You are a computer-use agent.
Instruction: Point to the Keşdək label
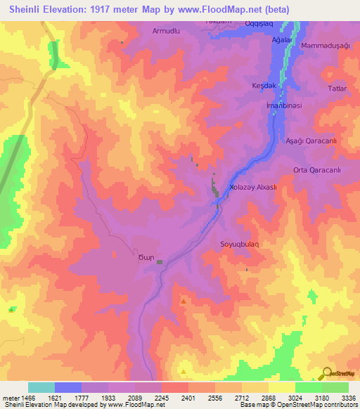(x=263, y=85)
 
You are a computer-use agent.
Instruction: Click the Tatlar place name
(x=337, y=89)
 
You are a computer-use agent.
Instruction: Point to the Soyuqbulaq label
(x=240, y=244)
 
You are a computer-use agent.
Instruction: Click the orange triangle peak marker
(x=184, y=301)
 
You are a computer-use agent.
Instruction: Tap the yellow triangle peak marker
(x=184, y=371)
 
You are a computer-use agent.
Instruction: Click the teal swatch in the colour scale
(x=41, y=387)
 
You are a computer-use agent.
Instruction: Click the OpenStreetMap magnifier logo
(x=328, y=374)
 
